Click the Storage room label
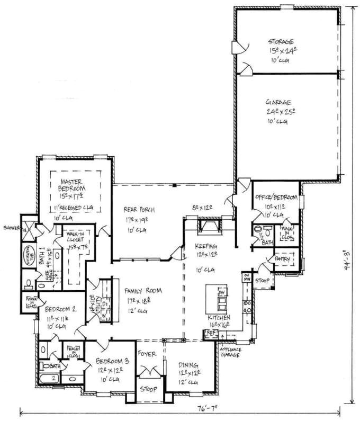pos(281,41)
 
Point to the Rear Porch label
pos(136,209)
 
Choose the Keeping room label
pos(206,246)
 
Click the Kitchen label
pos(219,317)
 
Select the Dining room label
pos(188,365)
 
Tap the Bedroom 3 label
pos(110,362)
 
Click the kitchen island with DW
pos(218,299)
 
